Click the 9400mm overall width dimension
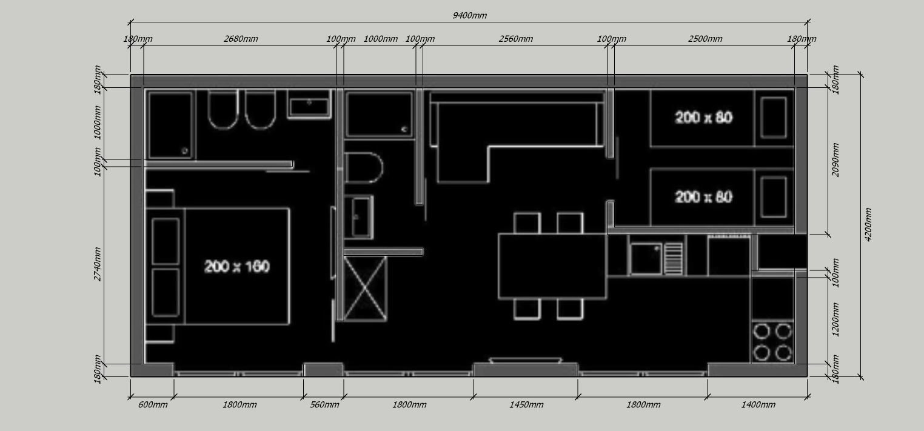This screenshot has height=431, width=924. click(469, 16)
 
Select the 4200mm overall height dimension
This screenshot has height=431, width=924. click(868, 225)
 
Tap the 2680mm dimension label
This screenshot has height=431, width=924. click(241, 39)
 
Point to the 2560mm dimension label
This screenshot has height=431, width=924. click(515, 39)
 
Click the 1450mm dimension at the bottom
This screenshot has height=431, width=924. click(526, 404)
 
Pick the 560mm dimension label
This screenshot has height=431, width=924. click(324, 404)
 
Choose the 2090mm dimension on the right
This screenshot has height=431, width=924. click(835, 160)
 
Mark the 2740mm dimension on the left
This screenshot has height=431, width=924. click(97, 264)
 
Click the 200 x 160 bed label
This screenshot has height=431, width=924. click(237, 267)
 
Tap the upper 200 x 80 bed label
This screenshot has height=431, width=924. click(704, 118)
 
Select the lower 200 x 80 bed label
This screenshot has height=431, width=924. click(704, 197)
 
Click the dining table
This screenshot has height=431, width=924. click(552, 266)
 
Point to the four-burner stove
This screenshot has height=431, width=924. click(772, 342)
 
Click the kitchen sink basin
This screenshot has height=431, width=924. click(646, 259)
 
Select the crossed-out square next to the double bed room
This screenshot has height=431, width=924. click(366, 289)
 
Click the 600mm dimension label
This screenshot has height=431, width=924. click(153, 404)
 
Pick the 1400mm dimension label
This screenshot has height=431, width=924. click(758, 404)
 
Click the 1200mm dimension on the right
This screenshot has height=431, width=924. click(835, 319)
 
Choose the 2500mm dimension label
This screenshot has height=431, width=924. click(705, 39)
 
